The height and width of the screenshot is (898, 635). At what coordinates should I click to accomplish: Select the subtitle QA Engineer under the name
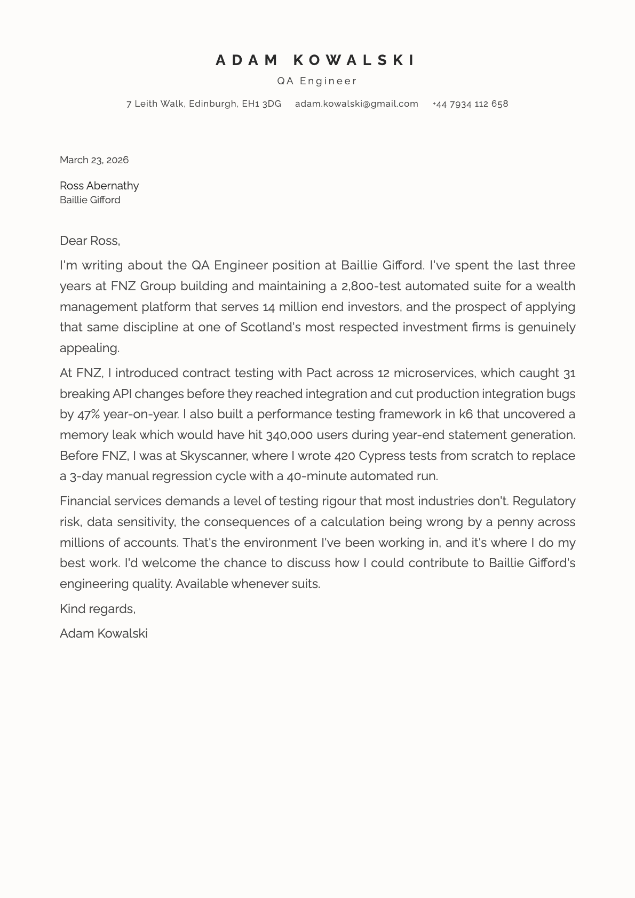click(x=317, y=81)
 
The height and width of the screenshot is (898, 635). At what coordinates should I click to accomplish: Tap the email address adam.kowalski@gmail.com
click(x=356, y=104)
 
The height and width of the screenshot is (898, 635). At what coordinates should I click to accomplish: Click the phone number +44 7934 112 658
click(x=470, y=104)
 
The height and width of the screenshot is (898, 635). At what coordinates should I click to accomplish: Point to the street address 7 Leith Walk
click(x=155, y=104)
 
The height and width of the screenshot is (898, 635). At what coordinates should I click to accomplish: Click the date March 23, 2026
click(x=94, y=160)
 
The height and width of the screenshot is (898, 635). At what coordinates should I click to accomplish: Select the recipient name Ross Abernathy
click(x=99, y=186)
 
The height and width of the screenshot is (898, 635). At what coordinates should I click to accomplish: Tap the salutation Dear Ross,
click(x=90, y=241)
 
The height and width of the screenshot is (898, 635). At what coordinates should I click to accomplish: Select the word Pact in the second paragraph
click(x=319, y=373)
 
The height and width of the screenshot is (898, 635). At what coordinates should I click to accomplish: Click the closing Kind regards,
click(x=98, y=609)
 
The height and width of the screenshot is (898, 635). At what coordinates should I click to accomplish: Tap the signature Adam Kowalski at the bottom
click(x=104, y=633)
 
